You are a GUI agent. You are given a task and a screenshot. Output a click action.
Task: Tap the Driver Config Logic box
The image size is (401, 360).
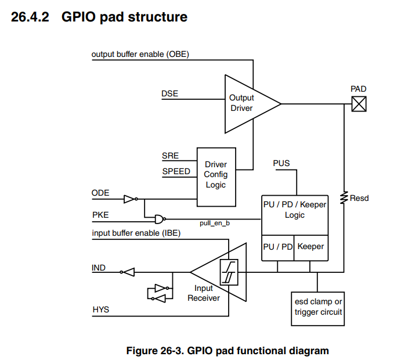click(215, 175)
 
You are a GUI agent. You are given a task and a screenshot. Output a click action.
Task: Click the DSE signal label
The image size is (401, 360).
click(169, 93)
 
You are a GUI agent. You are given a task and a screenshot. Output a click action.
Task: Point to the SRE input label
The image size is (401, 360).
click(170, 156)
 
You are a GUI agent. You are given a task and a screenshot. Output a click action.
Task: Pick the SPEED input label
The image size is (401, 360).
click(176, 171)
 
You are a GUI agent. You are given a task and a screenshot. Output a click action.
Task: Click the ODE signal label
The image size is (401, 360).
click(100, 193)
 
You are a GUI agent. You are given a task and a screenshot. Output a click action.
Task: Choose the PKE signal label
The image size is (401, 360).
click(100, 214)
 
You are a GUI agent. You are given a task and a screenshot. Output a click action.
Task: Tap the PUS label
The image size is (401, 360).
click(281, 164)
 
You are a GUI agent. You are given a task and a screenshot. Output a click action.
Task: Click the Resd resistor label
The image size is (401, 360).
click(359, 198)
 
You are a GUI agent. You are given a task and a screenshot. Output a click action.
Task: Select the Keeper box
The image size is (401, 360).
click(310, 247)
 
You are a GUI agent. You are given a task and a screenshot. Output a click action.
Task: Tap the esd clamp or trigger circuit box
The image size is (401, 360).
click(317, 308)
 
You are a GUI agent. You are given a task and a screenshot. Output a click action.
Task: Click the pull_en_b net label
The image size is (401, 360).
click(215, 222)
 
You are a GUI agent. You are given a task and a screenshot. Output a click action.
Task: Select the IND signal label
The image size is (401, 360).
click(99, 268)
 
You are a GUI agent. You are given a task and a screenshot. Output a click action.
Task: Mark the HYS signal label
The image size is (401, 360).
click(100, 310)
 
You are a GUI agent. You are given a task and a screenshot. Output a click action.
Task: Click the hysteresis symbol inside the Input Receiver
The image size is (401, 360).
click(229, 271)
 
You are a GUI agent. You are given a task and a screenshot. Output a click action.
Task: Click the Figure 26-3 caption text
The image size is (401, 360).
click(227, 351)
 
